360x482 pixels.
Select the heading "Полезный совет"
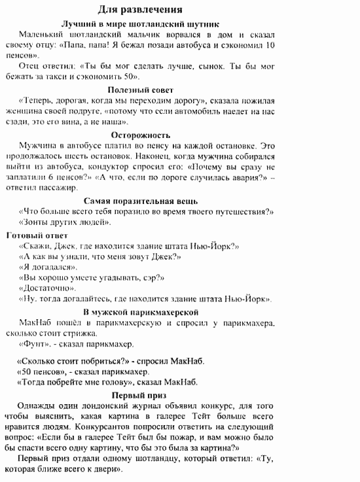(141, 90)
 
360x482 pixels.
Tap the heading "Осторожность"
(140, 135)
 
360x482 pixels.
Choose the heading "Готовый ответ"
(37, 234)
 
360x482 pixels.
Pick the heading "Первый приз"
(139, 396)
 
